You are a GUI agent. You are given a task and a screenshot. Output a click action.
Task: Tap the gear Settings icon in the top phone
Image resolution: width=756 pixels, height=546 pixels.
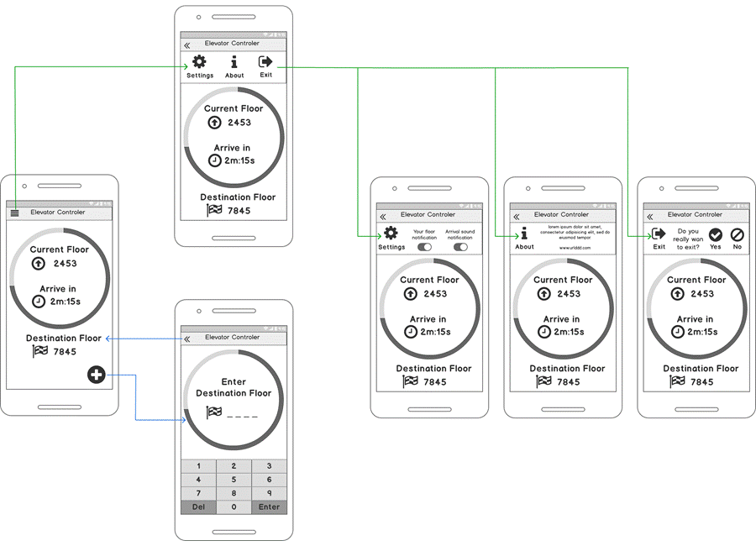pos(199,62)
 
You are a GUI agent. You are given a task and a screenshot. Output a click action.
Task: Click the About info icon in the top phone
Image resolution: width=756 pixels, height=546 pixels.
pos(234,62)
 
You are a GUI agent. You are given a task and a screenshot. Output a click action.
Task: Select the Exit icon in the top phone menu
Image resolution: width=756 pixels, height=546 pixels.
pos(265,62)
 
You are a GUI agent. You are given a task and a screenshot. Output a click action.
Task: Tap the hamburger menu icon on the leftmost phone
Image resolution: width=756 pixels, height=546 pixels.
pos(14,213)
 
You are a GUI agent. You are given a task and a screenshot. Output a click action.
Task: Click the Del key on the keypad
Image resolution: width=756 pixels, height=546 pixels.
pos(198,507)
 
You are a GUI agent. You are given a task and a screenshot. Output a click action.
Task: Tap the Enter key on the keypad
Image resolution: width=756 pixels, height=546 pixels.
pos(269,507)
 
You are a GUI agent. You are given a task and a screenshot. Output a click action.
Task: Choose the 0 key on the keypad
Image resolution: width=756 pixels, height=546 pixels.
pos(234,507)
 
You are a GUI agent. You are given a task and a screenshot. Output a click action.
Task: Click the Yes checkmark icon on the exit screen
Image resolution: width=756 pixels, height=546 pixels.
pos(716,235)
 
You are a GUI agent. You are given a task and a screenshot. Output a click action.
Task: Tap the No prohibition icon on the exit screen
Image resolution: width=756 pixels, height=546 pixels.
pos(738,235)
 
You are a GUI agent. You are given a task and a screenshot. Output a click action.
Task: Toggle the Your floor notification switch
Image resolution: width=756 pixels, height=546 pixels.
pos(424,247)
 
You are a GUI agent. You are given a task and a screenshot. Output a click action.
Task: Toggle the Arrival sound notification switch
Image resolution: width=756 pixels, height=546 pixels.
pos(460,247)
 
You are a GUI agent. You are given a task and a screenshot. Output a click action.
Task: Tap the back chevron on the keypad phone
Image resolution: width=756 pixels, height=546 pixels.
pos(186,339)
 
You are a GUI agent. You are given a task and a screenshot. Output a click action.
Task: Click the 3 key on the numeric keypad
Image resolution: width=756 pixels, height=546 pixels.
pos(269,465)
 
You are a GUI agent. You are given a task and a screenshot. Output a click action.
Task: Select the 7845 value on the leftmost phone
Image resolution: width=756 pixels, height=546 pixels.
pos(65,352)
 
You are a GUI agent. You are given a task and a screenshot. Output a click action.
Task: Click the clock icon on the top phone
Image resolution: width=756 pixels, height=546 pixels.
pos(215,160)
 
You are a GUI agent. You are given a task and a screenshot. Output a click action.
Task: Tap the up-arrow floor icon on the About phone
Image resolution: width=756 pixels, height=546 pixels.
pos(544,294)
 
